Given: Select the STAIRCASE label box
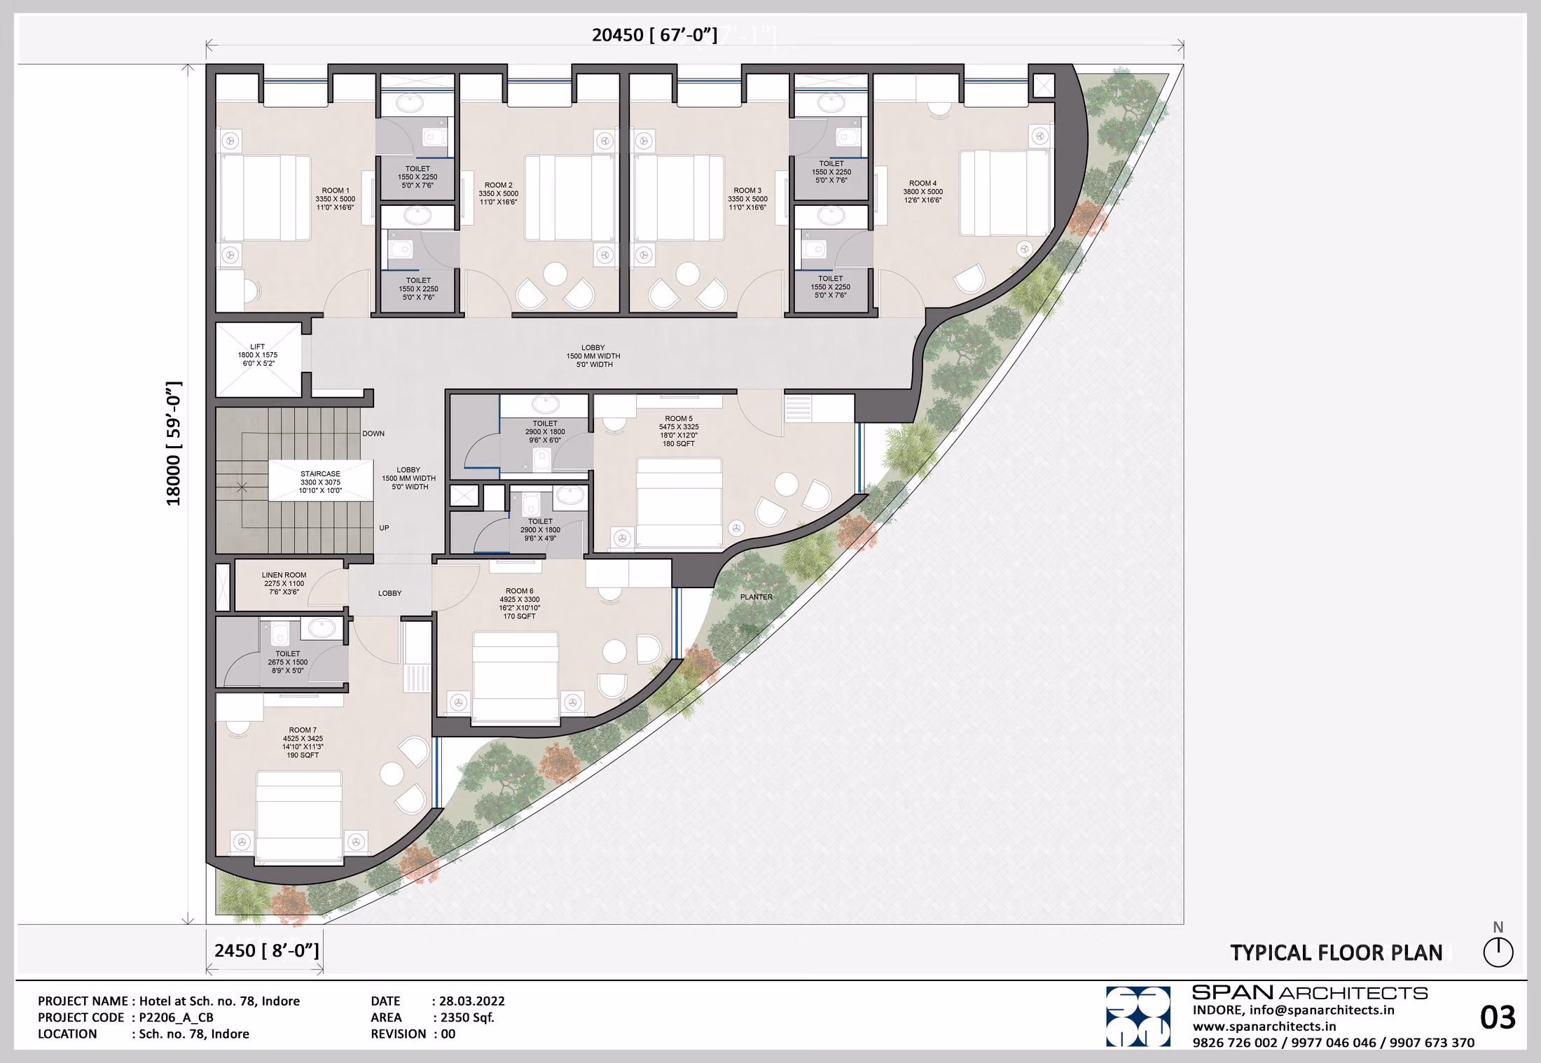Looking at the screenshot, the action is (320, 482).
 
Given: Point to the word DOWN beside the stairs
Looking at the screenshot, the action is (373, 433).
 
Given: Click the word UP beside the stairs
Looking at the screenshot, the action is (384, 528).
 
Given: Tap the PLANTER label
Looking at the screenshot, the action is (756, 597).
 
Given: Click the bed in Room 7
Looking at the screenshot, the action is (299, 815).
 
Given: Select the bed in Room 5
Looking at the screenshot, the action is (679, 502).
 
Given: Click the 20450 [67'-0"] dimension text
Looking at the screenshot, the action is (654, 35).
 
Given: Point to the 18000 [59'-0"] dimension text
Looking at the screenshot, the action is (174, 443).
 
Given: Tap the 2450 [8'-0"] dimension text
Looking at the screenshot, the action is (267, 950).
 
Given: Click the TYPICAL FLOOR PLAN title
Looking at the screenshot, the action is (1336, 953).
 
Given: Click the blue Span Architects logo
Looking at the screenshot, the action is (1138, 1017).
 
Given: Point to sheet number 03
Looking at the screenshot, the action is (1498, 1017).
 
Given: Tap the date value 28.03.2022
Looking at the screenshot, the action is (472, 1001).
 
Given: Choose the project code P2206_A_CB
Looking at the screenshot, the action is (176, 1017).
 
